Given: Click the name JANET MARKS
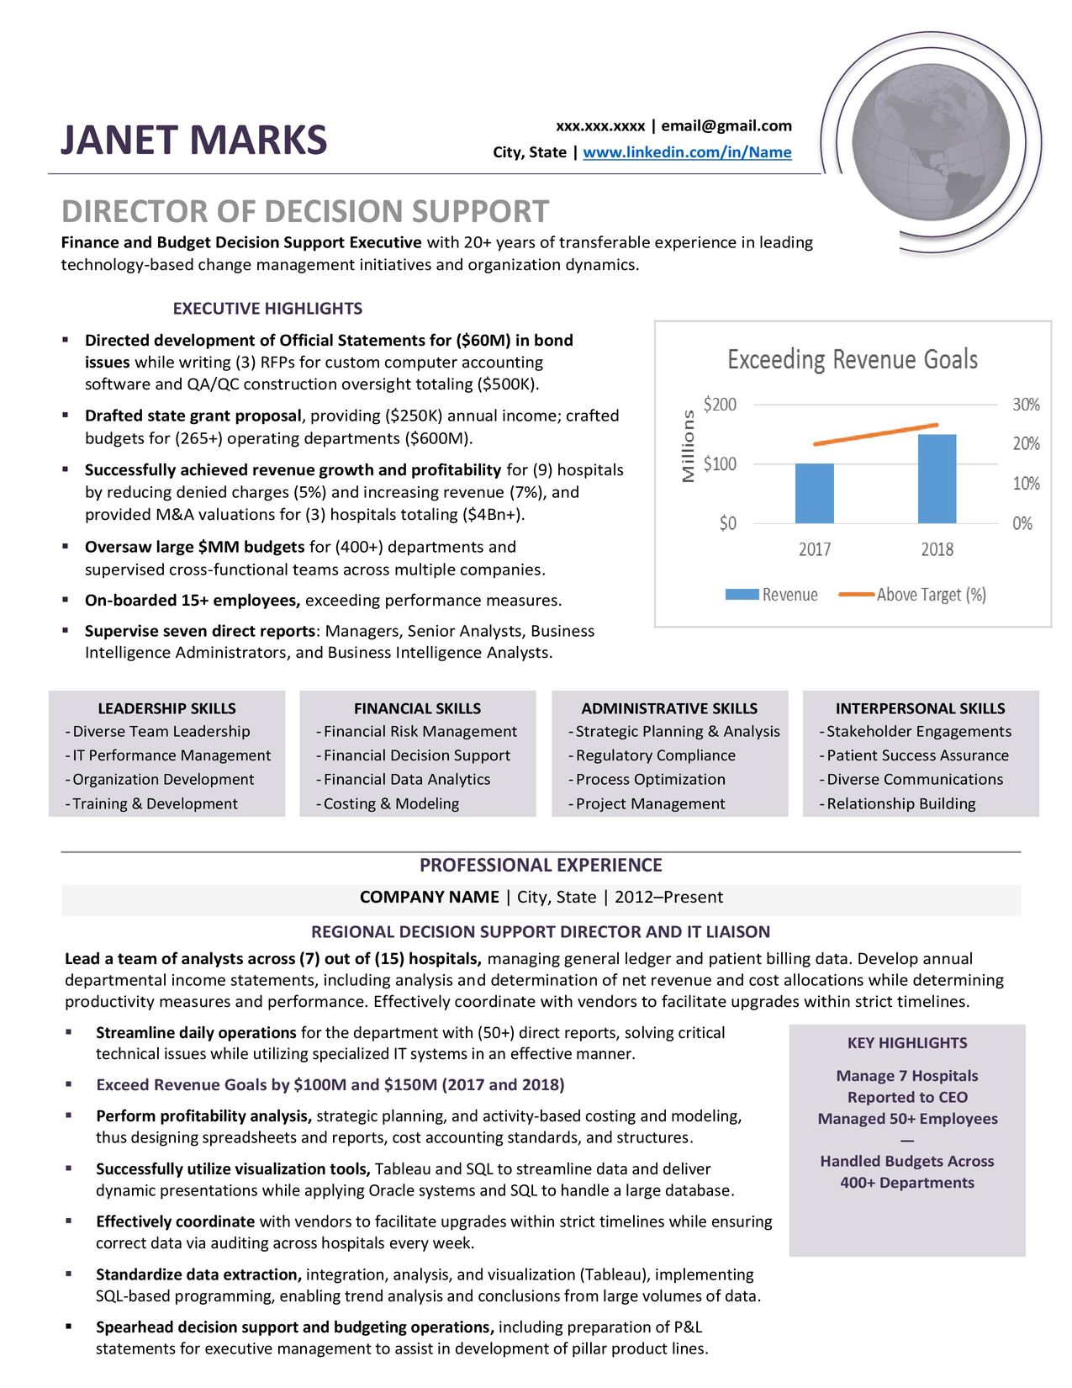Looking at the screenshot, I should tap(193, 140).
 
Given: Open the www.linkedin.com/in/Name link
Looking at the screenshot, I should tap(687, 152).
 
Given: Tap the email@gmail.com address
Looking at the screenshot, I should tap(726, 126).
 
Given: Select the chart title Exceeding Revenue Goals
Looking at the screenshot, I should tap(852, 360).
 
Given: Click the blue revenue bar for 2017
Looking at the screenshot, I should tap(814, 493).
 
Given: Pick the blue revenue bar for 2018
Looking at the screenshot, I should tap(937, 479).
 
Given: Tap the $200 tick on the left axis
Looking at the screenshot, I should tap(720, 405).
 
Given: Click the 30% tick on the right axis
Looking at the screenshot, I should tap(1026, 405).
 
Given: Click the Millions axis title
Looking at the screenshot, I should tap(689, 446).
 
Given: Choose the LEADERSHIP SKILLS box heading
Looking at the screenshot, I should tap(166, 708).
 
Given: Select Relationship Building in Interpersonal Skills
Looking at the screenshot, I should tap(900, 803).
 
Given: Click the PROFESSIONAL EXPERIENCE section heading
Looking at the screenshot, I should tap(541, 865).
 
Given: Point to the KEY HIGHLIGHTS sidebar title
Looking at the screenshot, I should tap(907, 1043).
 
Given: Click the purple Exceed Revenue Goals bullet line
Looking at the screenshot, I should tap(330, 1084).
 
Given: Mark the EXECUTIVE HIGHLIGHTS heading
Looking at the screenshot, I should tap(267, 309).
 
